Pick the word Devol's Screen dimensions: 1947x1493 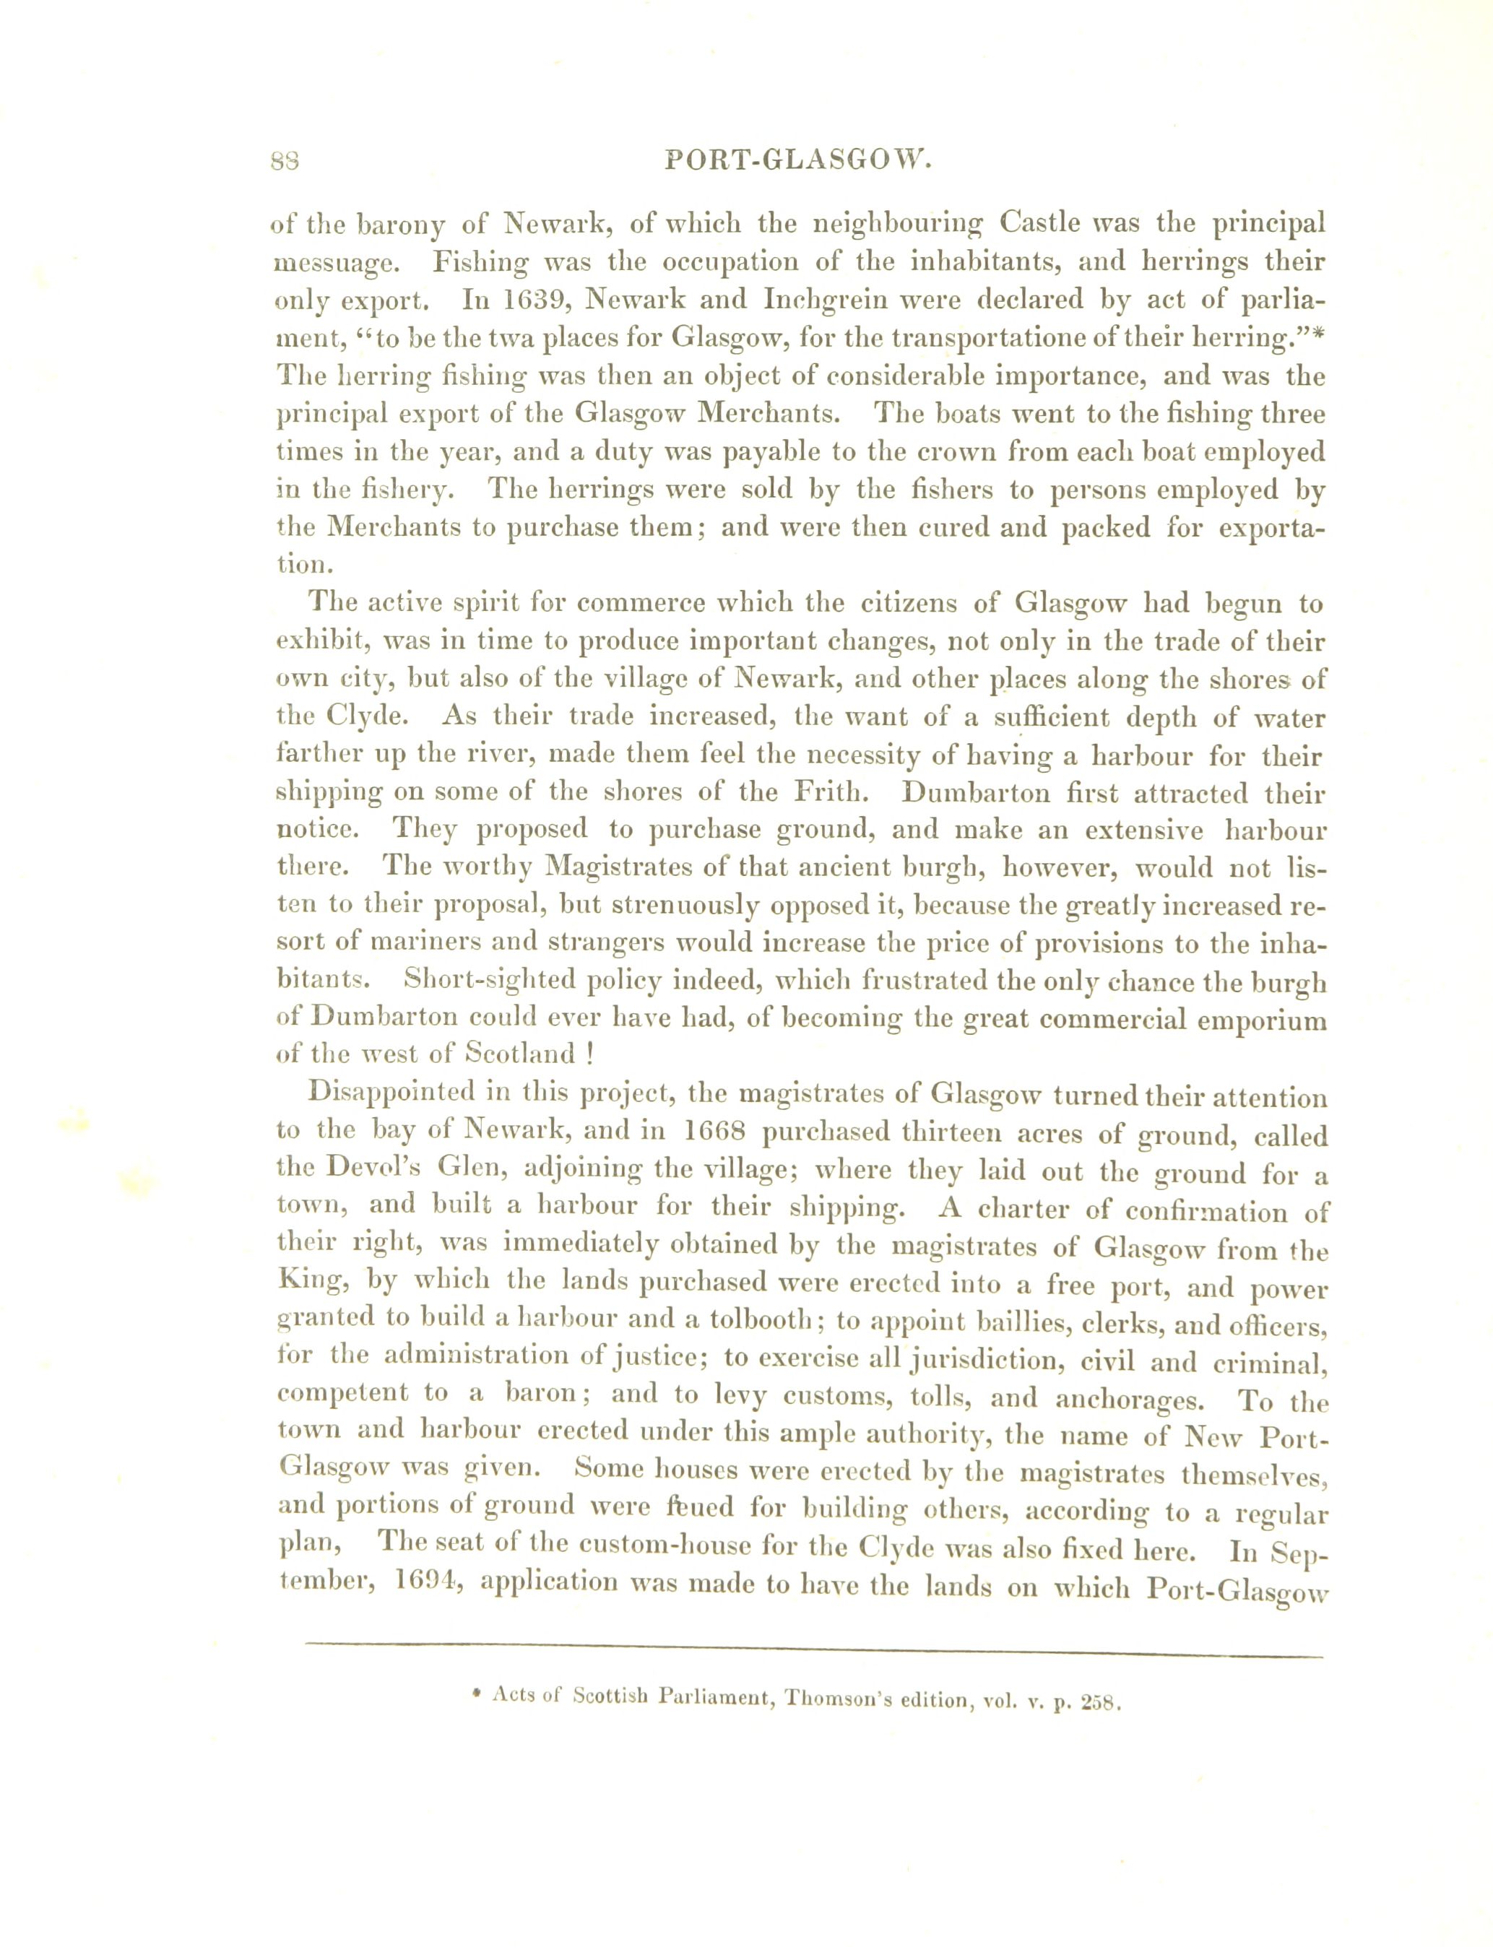pyautogui.click(x=350, y=1171)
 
